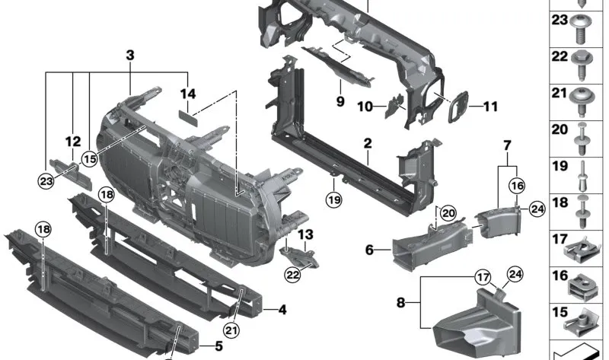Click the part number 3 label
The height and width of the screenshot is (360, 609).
tap(130, 56)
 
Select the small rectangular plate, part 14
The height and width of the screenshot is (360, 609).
tap(187, 115)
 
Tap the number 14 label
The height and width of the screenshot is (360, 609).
tap(187, 94)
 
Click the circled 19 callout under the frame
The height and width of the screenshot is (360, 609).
tap(333, 201)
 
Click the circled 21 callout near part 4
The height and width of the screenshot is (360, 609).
tap(231, 329)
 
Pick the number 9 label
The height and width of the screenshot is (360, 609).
tap(340, 101)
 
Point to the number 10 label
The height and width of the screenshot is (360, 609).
tap(365, 107)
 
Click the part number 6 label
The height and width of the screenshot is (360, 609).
tap(368, 248)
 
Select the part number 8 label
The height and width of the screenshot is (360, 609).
tap(401, 303)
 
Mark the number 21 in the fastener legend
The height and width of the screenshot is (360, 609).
tap(560, 94)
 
